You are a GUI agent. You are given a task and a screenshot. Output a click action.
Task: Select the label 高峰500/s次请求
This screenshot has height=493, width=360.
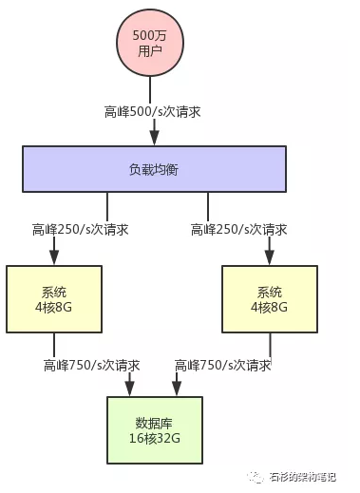click(152, 111)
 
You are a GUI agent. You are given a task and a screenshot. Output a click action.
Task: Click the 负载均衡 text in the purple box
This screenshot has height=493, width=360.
click(154, 169)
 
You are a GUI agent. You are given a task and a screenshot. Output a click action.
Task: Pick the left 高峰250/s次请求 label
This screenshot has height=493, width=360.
click(81, 229)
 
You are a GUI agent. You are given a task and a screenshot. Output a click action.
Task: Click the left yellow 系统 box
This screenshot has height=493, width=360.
click(54, 299)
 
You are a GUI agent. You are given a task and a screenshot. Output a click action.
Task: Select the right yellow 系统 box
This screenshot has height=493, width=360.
click(269, 299)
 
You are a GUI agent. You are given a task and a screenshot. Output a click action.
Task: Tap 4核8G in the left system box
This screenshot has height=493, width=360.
click(54, 308)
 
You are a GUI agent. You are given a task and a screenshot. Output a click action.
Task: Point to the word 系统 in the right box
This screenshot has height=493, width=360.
click(269, 292)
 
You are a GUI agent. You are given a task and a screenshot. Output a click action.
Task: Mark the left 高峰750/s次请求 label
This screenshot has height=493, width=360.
click(92, 365)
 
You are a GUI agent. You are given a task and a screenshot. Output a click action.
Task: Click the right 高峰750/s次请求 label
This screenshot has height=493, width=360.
click(224, 365)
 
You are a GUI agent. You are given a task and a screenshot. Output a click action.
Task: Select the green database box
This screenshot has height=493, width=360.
click(154, 428)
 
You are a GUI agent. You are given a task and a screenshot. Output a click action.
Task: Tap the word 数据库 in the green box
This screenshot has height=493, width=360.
click(154, 421)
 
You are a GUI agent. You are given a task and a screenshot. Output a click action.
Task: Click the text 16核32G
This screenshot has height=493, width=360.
click(154, 438)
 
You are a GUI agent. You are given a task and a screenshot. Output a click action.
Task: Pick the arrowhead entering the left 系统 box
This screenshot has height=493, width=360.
click(54, 260)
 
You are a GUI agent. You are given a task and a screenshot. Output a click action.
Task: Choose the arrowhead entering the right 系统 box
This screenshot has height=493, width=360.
click(269, 260)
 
